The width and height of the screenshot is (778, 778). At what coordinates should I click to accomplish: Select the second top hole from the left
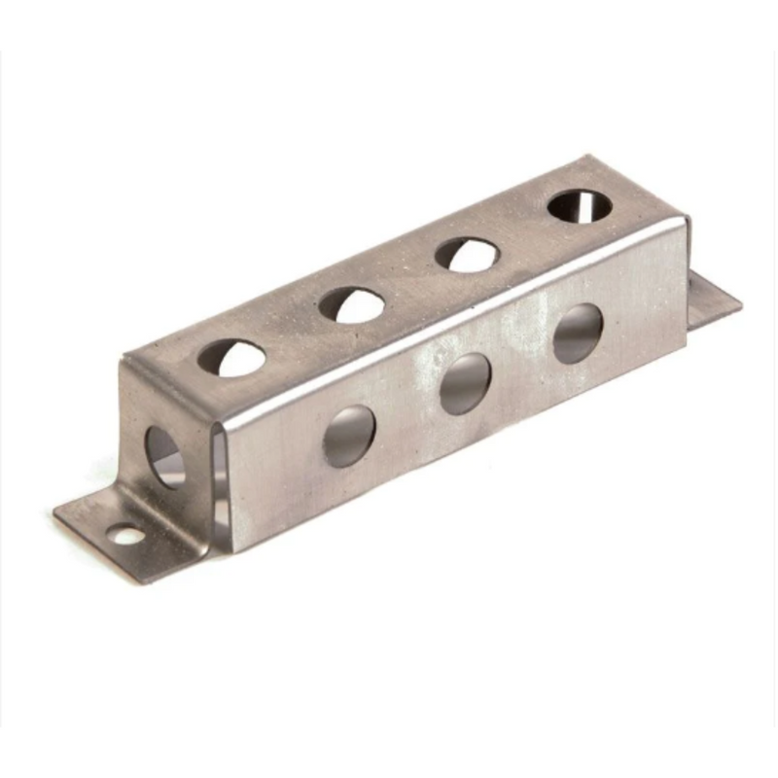[x=351, y=304]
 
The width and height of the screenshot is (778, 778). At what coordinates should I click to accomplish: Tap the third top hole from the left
[x=467, y=254]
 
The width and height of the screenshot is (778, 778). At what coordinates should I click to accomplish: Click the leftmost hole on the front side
[x=348, y=435]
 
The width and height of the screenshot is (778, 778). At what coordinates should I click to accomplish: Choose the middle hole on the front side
[x=465, y=382]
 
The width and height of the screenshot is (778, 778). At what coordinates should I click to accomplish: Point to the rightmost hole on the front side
[x=578, y=334]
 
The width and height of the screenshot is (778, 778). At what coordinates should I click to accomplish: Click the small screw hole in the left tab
[x=124, y=534]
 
